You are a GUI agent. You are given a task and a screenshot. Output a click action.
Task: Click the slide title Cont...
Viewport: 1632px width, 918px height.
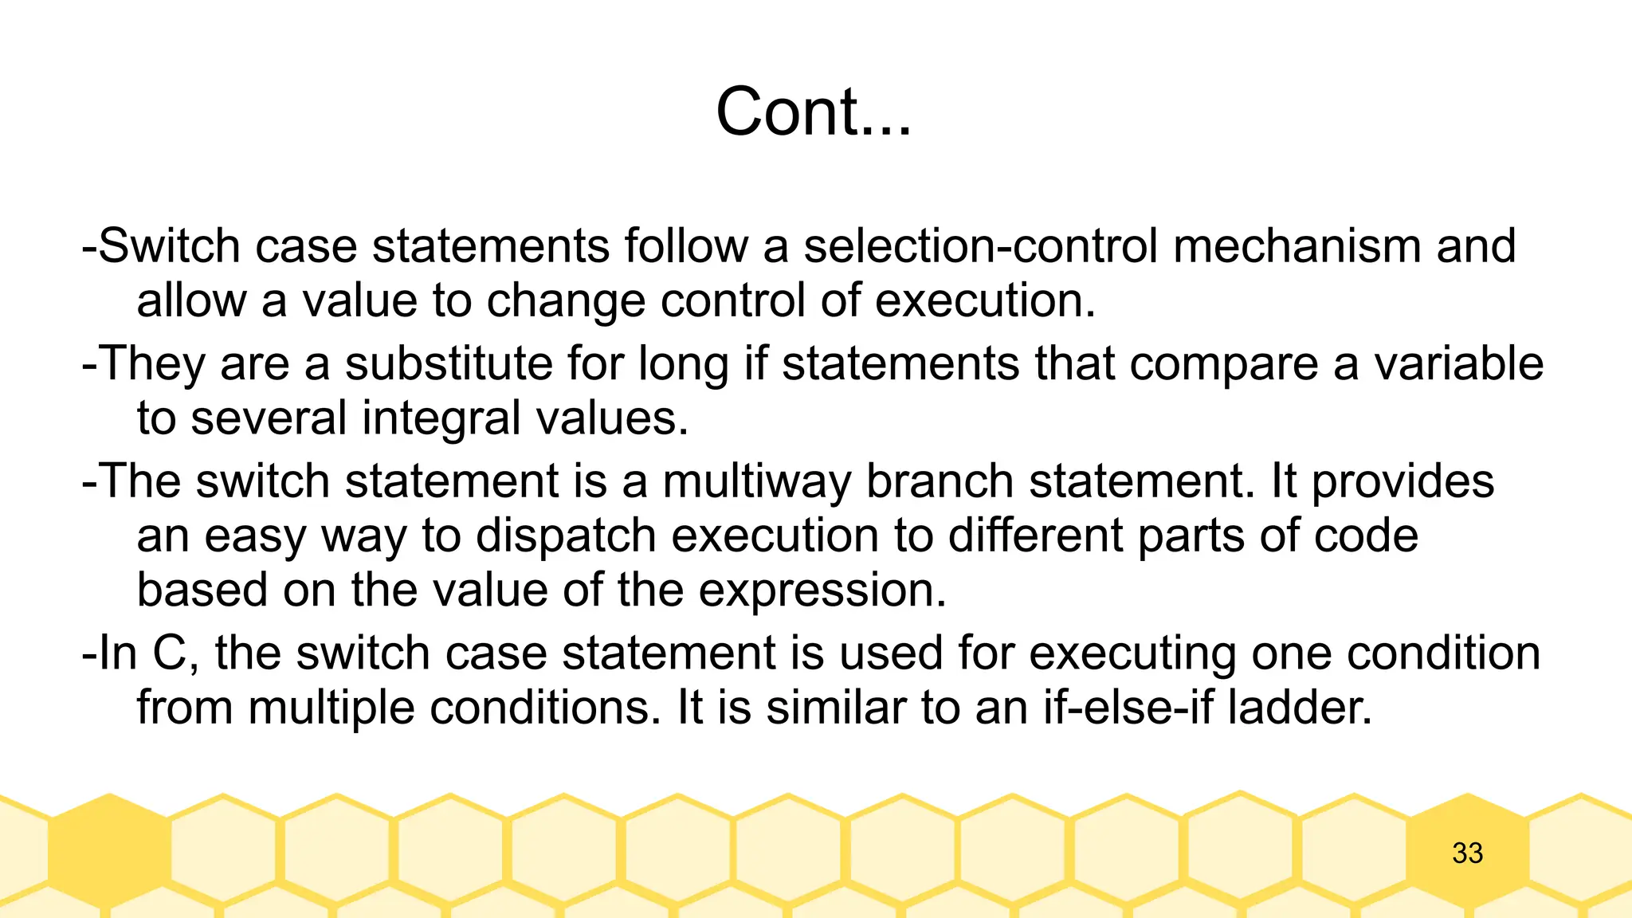(813, 112)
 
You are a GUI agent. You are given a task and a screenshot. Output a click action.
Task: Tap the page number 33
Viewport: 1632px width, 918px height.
(1467, 853)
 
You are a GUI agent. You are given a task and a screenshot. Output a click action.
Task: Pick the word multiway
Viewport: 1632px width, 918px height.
(756, 481)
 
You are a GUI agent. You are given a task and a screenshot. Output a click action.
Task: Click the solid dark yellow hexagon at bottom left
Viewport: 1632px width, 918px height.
(109, 850)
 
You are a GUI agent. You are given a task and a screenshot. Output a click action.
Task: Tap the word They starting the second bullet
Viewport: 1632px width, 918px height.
(152, 363)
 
